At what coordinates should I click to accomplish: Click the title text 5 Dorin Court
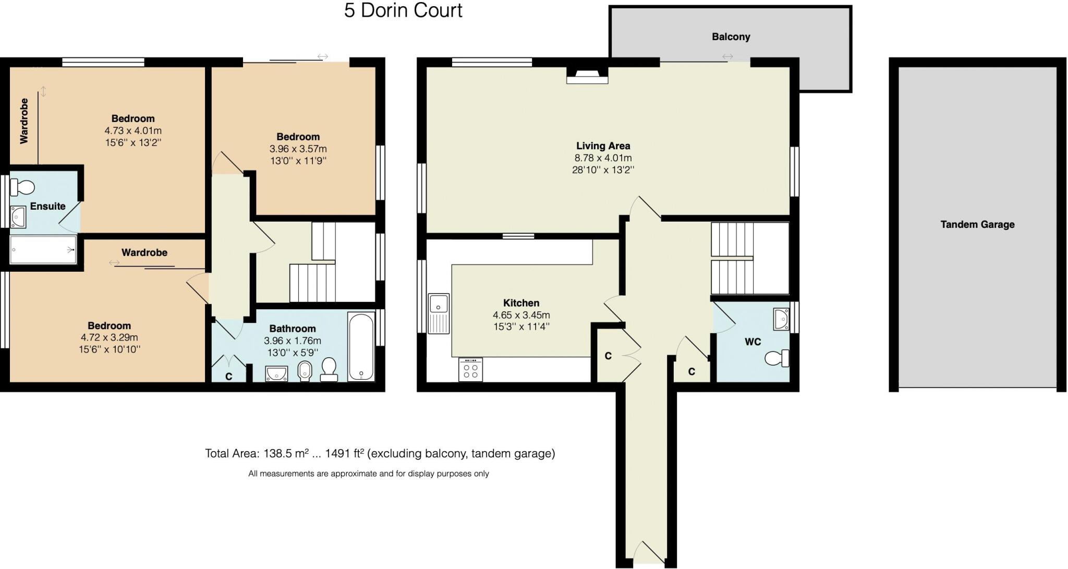coord(403,10)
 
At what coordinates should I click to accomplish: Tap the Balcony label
coord(731,37)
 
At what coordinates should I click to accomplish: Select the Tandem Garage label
coord(977,225)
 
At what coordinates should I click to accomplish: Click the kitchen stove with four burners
coord(470,370)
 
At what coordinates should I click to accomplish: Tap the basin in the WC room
coord(782,319)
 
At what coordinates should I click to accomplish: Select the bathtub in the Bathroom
coord(361,346)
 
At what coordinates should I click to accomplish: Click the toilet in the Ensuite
coord(22,187)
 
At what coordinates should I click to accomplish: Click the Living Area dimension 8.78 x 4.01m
coord(603,158)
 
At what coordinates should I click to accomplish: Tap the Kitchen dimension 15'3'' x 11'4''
coord(521,327)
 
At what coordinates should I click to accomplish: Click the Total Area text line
coord(380,454)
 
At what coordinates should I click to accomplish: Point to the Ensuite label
coord(47,207)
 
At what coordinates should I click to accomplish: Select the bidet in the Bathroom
coord(305,372)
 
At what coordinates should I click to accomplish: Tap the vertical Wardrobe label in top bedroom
coord(24,121)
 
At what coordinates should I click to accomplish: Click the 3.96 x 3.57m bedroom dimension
coord(298,149)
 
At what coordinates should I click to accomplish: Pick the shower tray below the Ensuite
coord(43,250)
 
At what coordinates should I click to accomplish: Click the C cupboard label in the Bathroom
coord(228,377)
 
